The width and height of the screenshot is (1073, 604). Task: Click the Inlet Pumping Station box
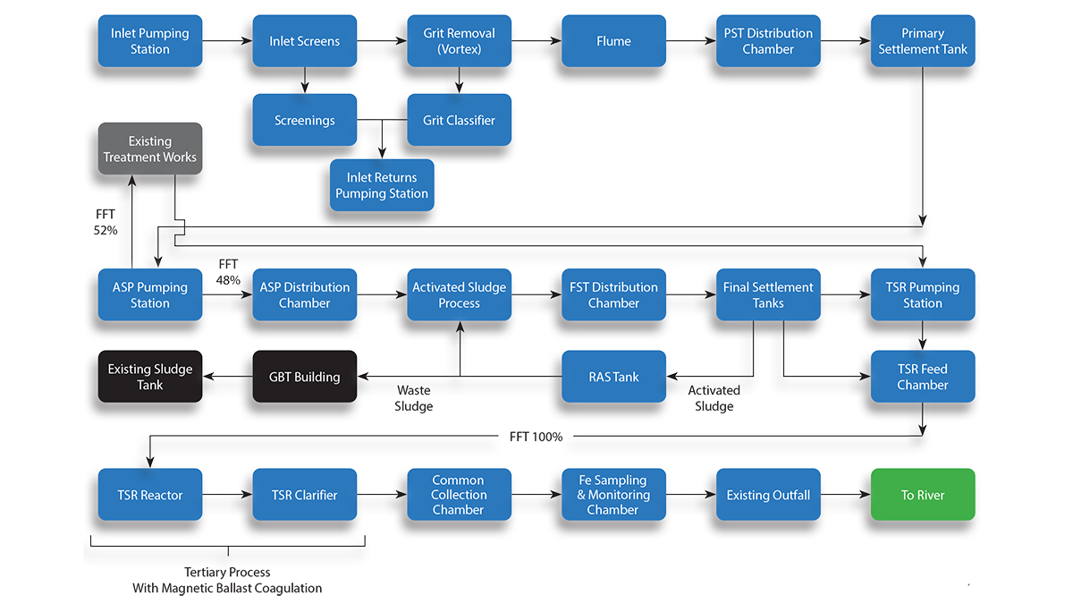(x=149, y=41)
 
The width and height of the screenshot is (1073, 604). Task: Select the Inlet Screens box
(x=304, y=41)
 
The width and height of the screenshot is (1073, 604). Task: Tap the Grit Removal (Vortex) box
(x=459, y=41)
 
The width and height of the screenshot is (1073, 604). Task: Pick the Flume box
(x=613, y=41)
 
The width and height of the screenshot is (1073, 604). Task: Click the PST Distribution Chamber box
(x=768, y=41)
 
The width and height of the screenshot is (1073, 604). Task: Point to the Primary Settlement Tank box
(x=923, y=41)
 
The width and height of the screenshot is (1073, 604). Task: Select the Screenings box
(x=304, y=120)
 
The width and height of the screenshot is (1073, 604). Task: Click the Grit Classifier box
(x=459, y=120)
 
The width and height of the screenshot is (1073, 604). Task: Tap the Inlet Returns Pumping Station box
(x=382, y=185)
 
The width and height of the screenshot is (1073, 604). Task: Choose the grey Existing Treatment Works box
(x=149, y=149)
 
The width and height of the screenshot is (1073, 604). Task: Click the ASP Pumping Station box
(x=149, y=295)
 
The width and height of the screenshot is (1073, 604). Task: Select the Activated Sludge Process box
(x=459, y=295)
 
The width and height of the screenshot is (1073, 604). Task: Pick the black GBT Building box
(x=304, y=377)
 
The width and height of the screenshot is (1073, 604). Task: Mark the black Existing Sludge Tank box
(x=149, y=377)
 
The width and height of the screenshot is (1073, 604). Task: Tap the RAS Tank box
(x=613, y=377)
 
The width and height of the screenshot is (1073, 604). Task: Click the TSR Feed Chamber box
(x=923, y=377)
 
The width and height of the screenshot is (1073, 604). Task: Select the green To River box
(x=923, y=495)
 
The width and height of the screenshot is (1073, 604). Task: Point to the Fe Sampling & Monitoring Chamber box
(x=613, y=495)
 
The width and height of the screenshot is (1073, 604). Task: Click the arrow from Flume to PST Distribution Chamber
(x=690, y=41)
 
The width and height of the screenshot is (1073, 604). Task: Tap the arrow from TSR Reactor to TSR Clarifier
(x=227, y=495)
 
